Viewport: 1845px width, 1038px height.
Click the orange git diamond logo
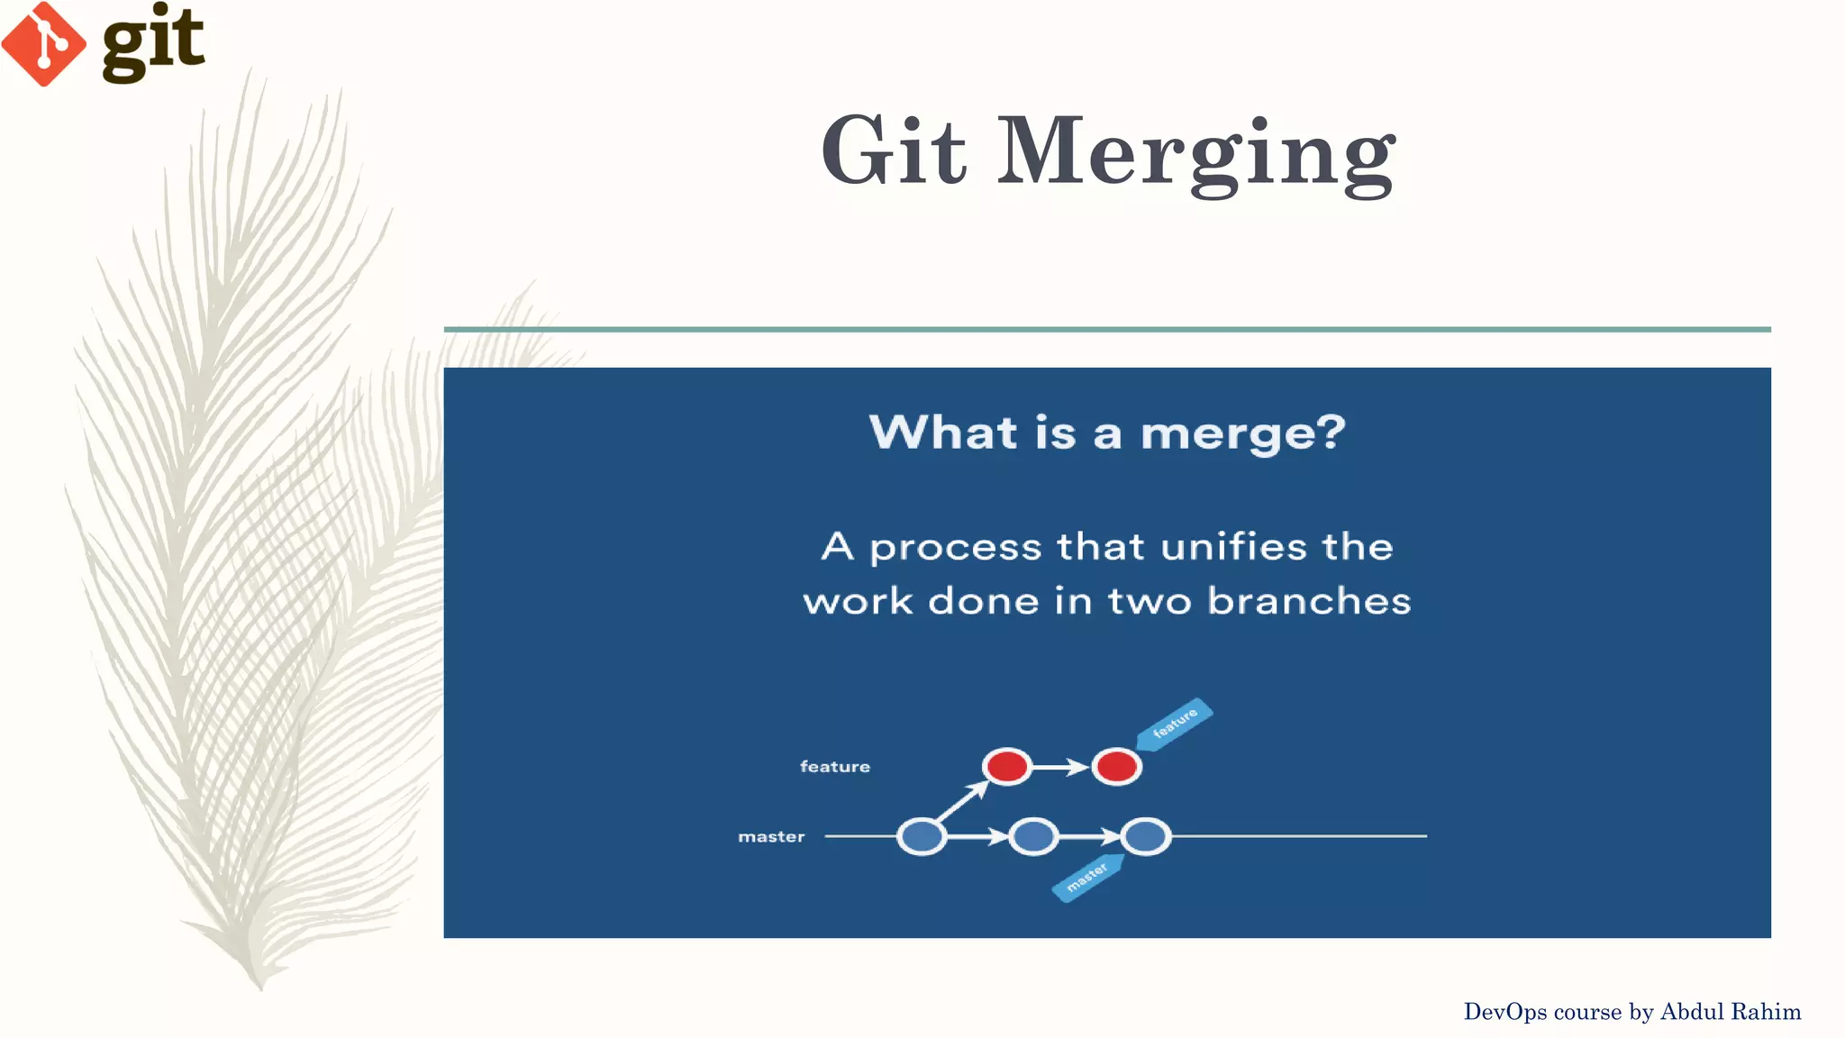click(43, 44)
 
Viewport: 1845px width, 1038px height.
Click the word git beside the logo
click(153, 42)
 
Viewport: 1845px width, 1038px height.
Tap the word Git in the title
click(893, 150)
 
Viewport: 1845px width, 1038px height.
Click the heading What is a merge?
click(1106, 432)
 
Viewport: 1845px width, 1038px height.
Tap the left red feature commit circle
click(1006, 767)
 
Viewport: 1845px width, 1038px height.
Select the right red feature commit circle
click(1116, 767)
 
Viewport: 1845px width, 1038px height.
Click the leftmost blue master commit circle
click(922, 836)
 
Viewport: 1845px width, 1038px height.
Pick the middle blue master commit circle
click(1032, 836)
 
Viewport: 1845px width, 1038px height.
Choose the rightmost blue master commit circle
click(1145, 836)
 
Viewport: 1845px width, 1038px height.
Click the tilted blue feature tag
click(1175, 723)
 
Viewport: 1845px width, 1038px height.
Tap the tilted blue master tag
click(1087, 877)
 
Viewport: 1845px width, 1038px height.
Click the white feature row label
click(834, 767)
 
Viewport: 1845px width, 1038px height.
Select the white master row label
click(771, 837)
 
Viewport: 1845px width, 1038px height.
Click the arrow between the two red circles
click(1061, 767)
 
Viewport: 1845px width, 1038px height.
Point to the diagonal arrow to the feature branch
click(963, 800)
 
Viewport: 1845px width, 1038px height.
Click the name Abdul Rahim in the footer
click(1730, 1012)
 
